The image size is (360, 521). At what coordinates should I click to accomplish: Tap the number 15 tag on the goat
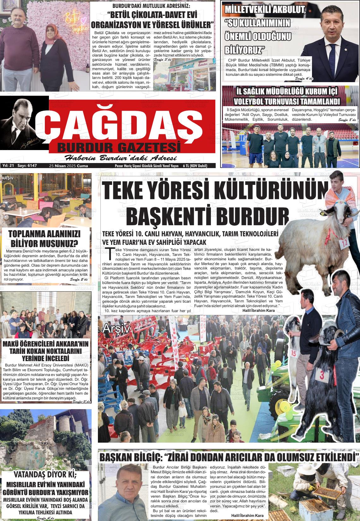pyautogui.click(x=294, y=353)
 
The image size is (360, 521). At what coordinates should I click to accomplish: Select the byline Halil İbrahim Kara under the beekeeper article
pyautogui.click(x=247, y=516)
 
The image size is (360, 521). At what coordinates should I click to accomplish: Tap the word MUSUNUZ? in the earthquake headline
pyautogui.click(x=60, y=244)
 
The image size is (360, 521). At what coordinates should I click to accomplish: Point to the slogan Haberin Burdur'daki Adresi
pyautogui.click(x=120, y=158)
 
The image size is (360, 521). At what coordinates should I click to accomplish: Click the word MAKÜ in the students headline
pyautogui.click(x=13, y=344)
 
